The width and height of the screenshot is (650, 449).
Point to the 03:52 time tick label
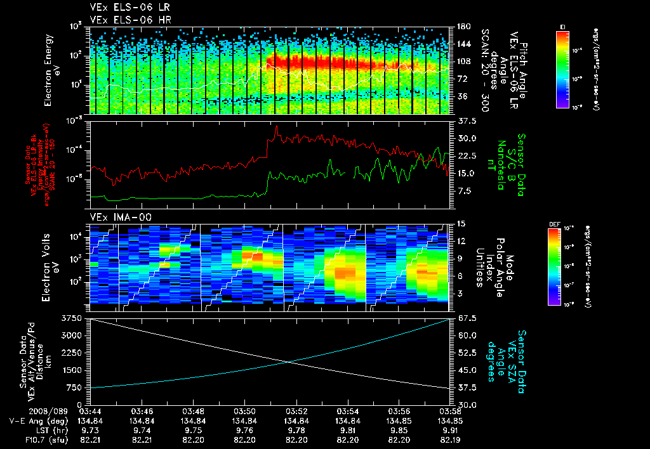[x=296, y=410]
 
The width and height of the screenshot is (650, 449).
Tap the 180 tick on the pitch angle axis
[x=462, y=27]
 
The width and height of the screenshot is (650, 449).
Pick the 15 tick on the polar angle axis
[x=461, y=223]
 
